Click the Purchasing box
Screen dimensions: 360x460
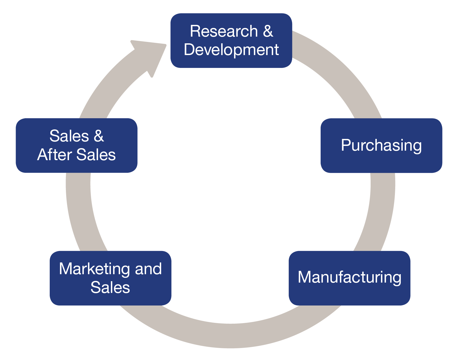click(x=381, y=145)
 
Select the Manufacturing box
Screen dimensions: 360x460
click(x=349, y=278)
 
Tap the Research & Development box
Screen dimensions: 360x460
click(x=231, y=41)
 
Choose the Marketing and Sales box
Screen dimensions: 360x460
click(x=110, y=278)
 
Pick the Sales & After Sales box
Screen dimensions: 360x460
click(x=77, y=145)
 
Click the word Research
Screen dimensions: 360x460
click(x=224, y=31)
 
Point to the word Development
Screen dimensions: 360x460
click(x=231, y=50)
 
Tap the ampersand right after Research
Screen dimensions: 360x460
click(x=268, y=31)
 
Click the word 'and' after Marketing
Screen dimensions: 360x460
click(x=148, y=269)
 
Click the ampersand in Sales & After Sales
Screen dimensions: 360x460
click(x=99, y=136)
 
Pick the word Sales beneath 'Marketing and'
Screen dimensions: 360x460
click(x=110, y=287)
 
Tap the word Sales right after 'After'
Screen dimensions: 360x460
click(x=96, y=155)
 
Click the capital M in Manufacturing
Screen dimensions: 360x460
click(x=304, y=277)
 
